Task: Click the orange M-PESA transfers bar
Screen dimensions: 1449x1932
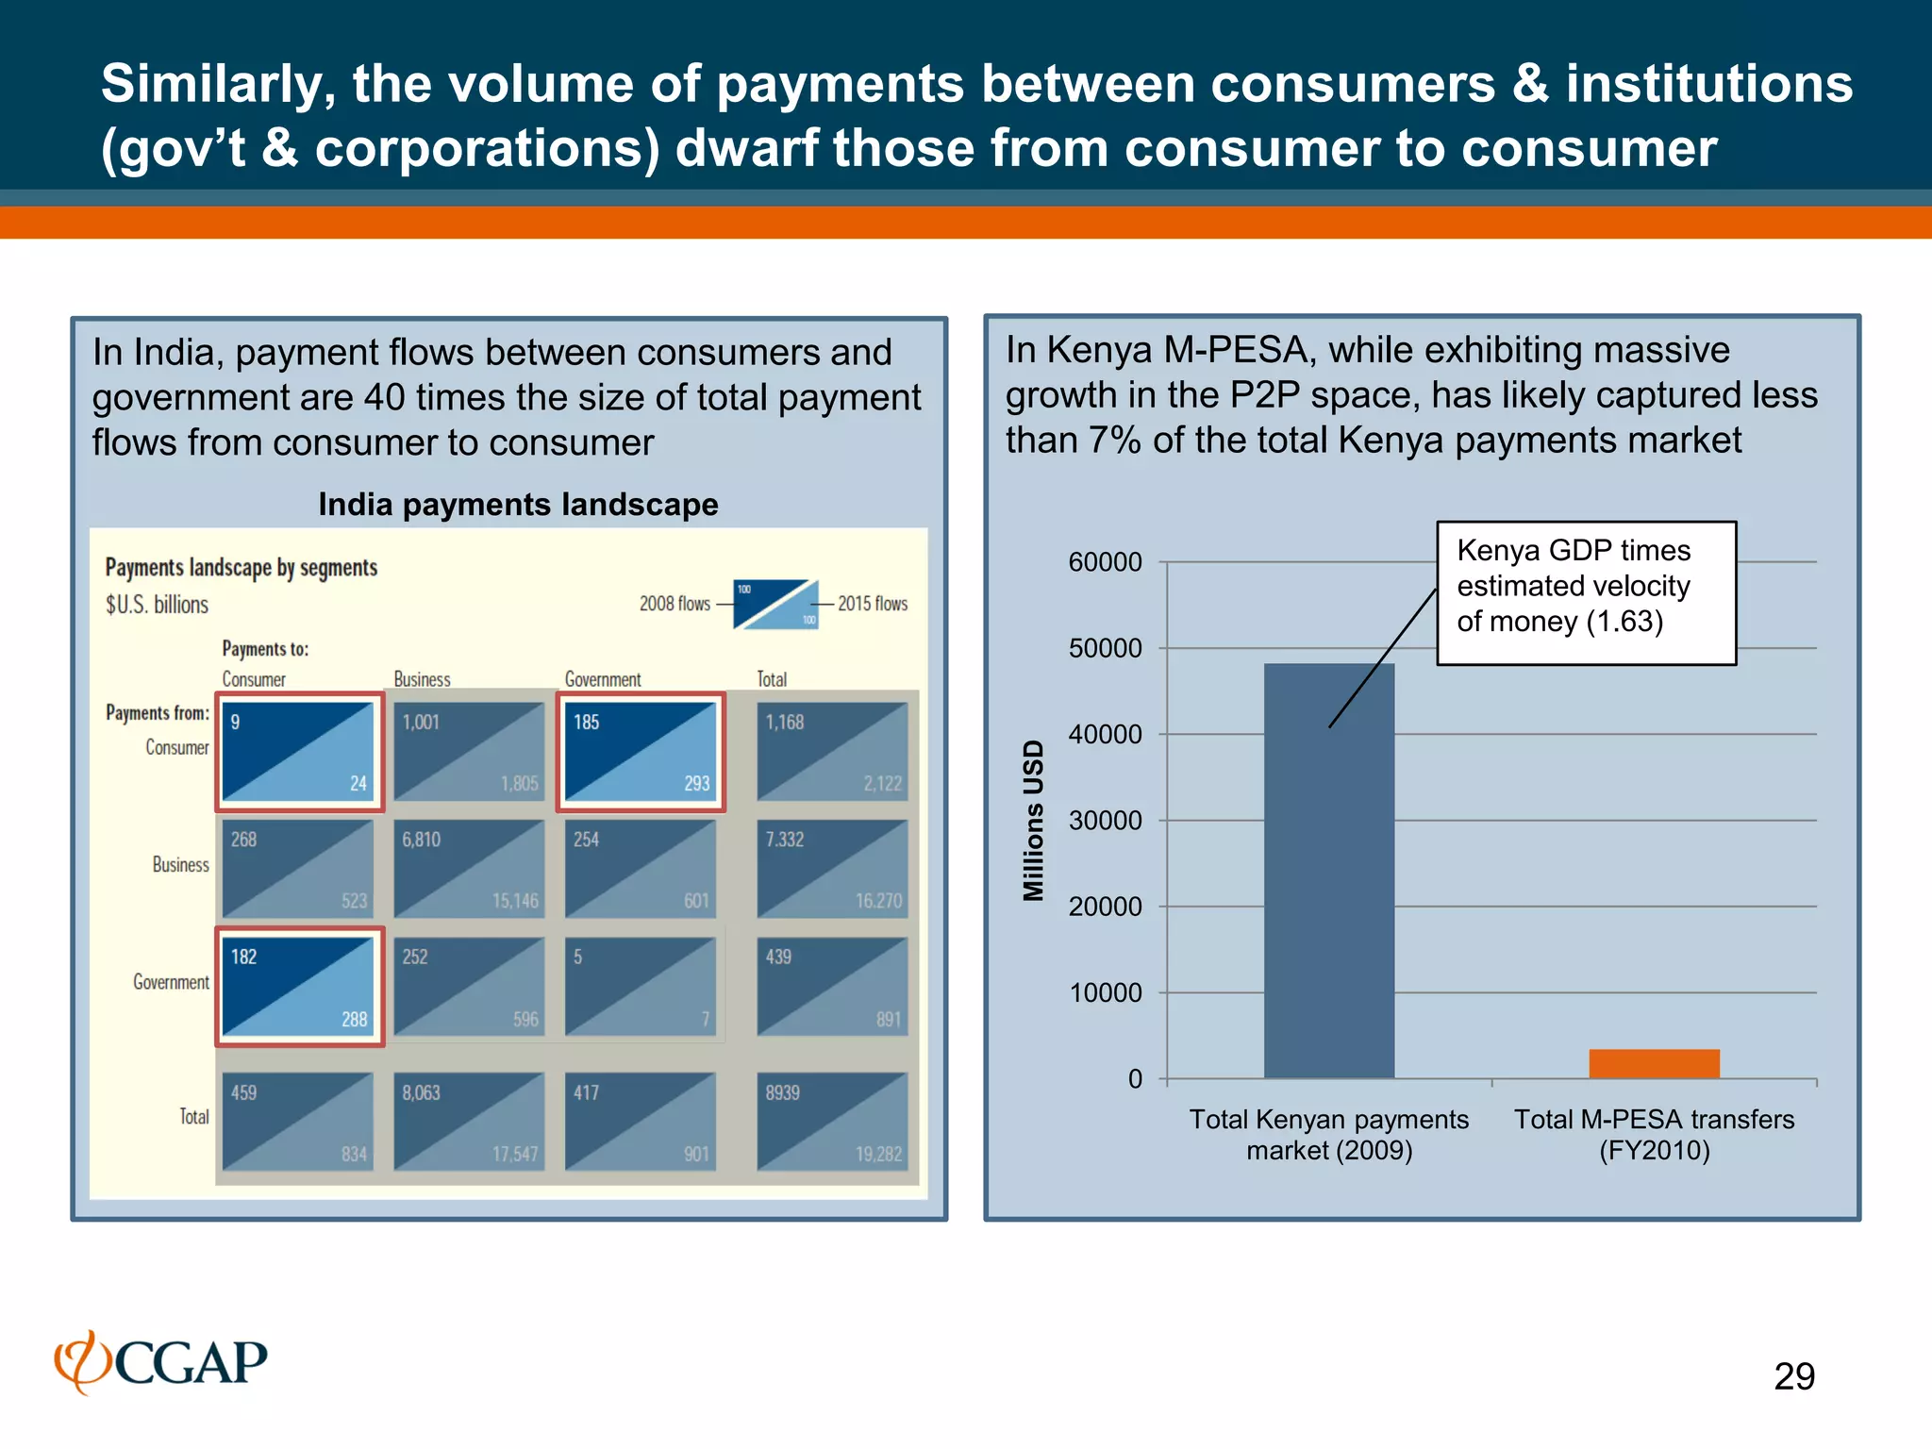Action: point(1654,1063)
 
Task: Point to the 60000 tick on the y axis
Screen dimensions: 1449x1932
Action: point(1105,562)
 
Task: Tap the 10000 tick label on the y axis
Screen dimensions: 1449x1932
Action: point(1105,992)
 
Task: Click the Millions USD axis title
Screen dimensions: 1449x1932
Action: point(1034,820)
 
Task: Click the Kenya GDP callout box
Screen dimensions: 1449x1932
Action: point(1586,592)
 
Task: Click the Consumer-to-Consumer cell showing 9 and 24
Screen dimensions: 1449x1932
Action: point(299,752)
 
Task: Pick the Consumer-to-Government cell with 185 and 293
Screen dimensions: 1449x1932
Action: point(641,752)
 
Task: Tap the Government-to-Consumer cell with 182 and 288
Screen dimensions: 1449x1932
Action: point(299,987)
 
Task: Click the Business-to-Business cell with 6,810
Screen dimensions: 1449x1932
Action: point(469,869)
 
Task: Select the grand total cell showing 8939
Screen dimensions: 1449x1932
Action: point(832,1122)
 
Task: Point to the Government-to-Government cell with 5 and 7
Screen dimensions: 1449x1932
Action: point(641,987)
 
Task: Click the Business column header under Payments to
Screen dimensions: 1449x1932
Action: point(422,679)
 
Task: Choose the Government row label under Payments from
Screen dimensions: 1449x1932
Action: point(171,982)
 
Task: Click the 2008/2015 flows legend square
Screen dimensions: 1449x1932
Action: point(775,604)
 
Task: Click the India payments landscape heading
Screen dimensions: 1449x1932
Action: point(518,505)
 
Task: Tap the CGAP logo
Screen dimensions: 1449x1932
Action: point(161,1361)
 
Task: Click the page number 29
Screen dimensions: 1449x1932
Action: point(1793,1376)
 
